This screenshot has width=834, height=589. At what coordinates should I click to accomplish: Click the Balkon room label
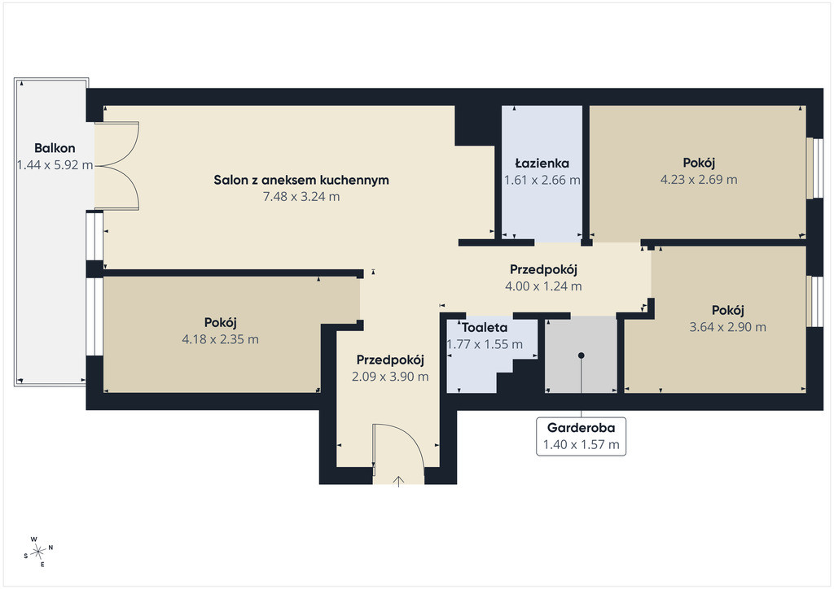pyautogui.click(x=55, y=148)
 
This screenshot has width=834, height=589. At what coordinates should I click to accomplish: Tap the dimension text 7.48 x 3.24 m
pyautogui.click(x=301, y=197)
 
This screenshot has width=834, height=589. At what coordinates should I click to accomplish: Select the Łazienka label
pyautogui.click(x=542, y=163)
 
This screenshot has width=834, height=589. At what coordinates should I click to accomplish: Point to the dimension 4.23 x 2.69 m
pyautogui.click(x=699, y=180)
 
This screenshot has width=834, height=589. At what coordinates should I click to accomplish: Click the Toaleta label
pyautogui.click(x=484, y=328)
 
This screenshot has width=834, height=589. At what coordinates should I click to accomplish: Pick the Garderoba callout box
pyautogui.click(x=581, y=437)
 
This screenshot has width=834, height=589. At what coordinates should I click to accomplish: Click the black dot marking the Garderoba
pyautogui.click(x=582, y=356)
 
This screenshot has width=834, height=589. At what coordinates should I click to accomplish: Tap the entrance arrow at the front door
pyautogui.click(x=398, y=481)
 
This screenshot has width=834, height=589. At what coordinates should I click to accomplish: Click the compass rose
pyautogui.click(x=37, y=552)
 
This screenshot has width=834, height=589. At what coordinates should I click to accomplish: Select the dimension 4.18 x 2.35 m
pyautogui.click(x=220, y=339)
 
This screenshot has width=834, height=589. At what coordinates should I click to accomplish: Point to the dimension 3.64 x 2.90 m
pyautogui.click(x=727, y=327)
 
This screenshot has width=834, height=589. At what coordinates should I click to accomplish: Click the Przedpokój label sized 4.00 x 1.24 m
pyautogui.click(x=543, y=270)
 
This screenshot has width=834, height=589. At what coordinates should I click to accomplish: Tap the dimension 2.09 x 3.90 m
pyautogui.click(x=390, y=377)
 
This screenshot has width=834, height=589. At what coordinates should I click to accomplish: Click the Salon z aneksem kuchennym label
pyautogui.click(x=301, y=180)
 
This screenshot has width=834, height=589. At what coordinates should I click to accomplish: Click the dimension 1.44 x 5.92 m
pyautogui.click(x=55, y=165)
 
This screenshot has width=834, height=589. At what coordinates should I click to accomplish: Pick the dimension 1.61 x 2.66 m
pyautogui.click(x=542, y=180)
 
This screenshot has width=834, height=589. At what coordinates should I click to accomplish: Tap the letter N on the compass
pyautogui.click(x=50, y=547)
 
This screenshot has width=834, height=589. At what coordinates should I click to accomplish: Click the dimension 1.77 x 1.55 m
pyautogui.click(x=485, y=344)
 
